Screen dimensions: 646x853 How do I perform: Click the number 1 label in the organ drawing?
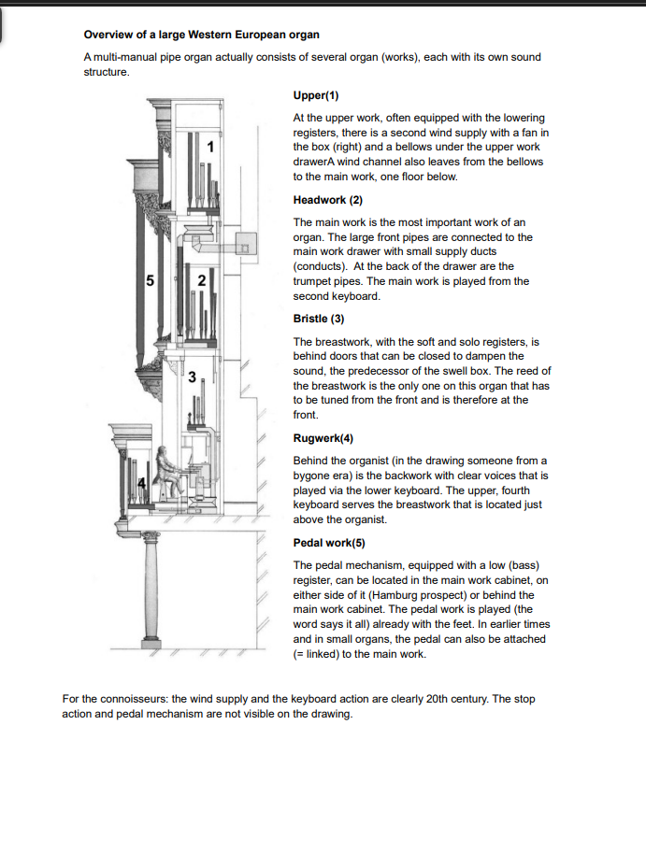[x=210, y=147]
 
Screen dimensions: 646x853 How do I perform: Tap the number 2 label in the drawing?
[x=201, y=280]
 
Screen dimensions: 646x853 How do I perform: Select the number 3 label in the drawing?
[x=192, y=377]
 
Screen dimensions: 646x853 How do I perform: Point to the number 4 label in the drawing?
[x=141, y=482]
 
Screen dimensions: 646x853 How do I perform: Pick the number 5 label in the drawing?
[x=151, y=280]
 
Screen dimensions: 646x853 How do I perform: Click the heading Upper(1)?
[x=316, y=95]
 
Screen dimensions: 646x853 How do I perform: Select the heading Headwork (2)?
[x=327, y=200]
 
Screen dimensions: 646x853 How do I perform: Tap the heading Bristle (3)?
[x=319, y=319]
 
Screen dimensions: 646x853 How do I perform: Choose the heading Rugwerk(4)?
[x=323, y=438]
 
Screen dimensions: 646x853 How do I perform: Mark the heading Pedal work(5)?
[x=329, y=543]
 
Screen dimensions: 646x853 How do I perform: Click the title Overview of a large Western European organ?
[x=201, y=35]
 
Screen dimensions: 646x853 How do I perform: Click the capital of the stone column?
[x=151, y=536]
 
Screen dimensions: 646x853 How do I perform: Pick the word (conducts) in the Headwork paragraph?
[x=320, y=266]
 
